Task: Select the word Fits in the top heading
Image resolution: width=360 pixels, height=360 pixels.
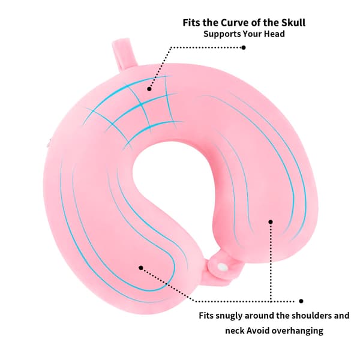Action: [191, 23]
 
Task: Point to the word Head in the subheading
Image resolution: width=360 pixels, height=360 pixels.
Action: [274, 34]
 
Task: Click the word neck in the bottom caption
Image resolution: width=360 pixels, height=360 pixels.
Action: [235, 331]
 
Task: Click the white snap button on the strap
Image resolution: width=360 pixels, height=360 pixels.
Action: [222, 267]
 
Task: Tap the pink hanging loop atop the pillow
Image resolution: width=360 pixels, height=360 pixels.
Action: [124, 54]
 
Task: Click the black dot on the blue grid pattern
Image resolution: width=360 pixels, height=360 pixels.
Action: [149, 89]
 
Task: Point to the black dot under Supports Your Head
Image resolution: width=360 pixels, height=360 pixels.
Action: [244, 47]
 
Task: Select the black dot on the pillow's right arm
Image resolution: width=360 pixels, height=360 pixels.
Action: [271, 222]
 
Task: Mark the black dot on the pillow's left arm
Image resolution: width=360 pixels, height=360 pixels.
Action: [141, 268]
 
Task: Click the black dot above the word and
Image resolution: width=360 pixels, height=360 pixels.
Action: [301, 301]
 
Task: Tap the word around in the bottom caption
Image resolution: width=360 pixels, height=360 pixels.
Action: [259, 316]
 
